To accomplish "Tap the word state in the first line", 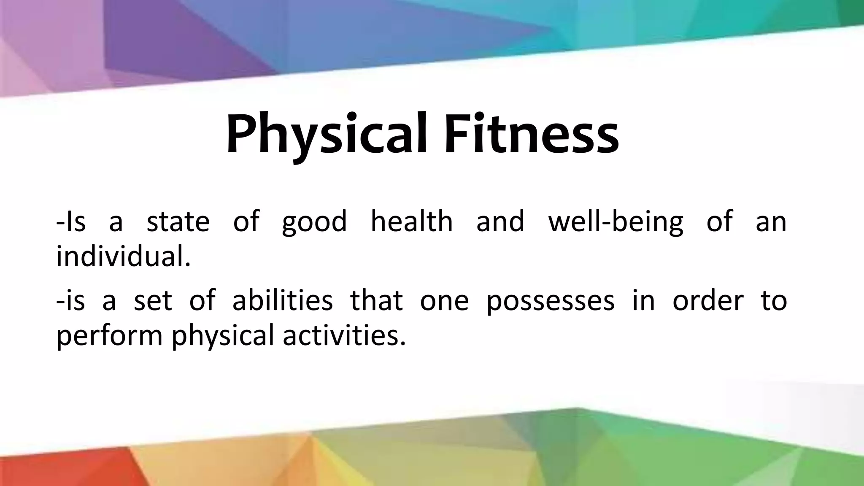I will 178,222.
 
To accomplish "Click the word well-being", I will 616,222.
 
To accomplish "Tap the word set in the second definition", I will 153,301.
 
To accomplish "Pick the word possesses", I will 551,302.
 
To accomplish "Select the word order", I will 708,301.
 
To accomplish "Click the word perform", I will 109,336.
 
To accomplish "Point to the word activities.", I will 344,335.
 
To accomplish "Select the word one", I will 444,302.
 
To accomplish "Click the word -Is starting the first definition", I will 70,222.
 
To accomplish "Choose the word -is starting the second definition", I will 70,301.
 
